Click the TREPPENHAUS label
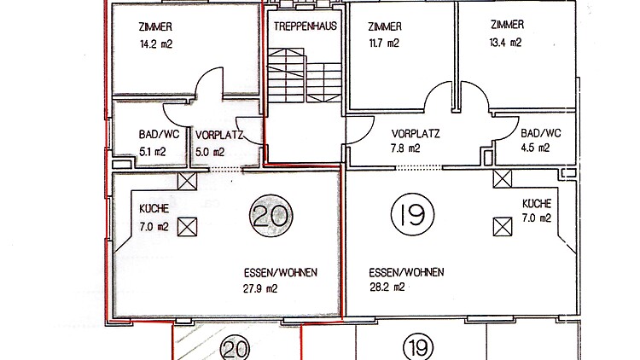[305, 26]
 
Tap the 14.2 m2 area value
[156, 44]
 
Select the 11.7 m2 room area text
[384, 43]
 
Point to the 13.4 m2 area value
[505, 42]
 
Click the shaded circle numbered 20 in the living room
[271, 216]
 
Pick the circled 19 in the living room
[412, 215]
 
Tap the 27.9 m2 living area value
[260, 288]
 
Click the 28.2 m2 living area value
[387, 287]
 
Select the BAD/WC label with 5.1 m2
[159, 134]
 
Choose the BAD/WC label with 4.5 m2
[541, 133]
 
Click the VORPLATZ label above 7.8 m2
[415, 133]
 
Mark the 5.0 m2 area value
[210, 152]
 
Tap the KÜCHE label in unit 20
[154, 208]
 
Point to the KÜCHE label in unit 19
[537, 203]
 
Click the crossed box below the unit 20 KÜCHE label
[188, 227]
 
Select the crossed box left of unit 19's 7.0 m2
[503, 227]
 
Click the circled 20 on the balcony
[236, 348]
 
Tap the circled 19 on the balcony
[418, 347]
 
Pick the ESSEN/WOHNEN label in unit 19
[406, 272]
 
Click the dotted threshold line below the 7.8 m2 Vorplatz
[418, 167]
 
